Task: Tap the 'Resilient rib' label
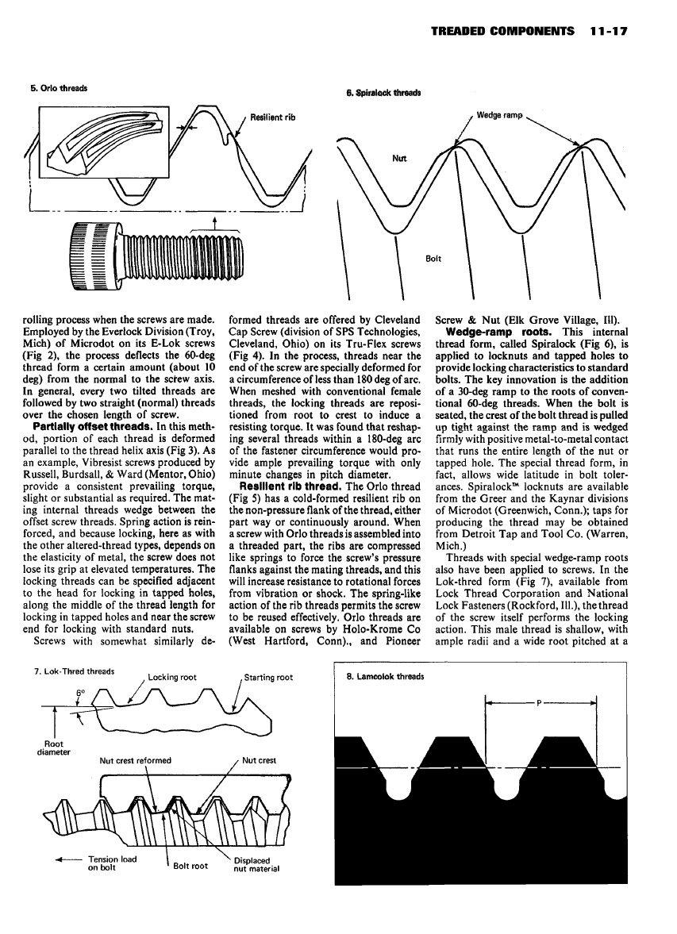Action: [x=273, y=117]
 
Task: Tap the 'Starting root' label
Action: [x=269, y=677]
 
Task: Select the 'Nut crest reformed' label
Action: [x=135, y=760]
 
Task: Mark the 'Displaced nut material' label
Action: [x=257, y=863]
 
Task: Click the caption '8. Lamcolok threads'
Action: [x=385, y=677]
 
